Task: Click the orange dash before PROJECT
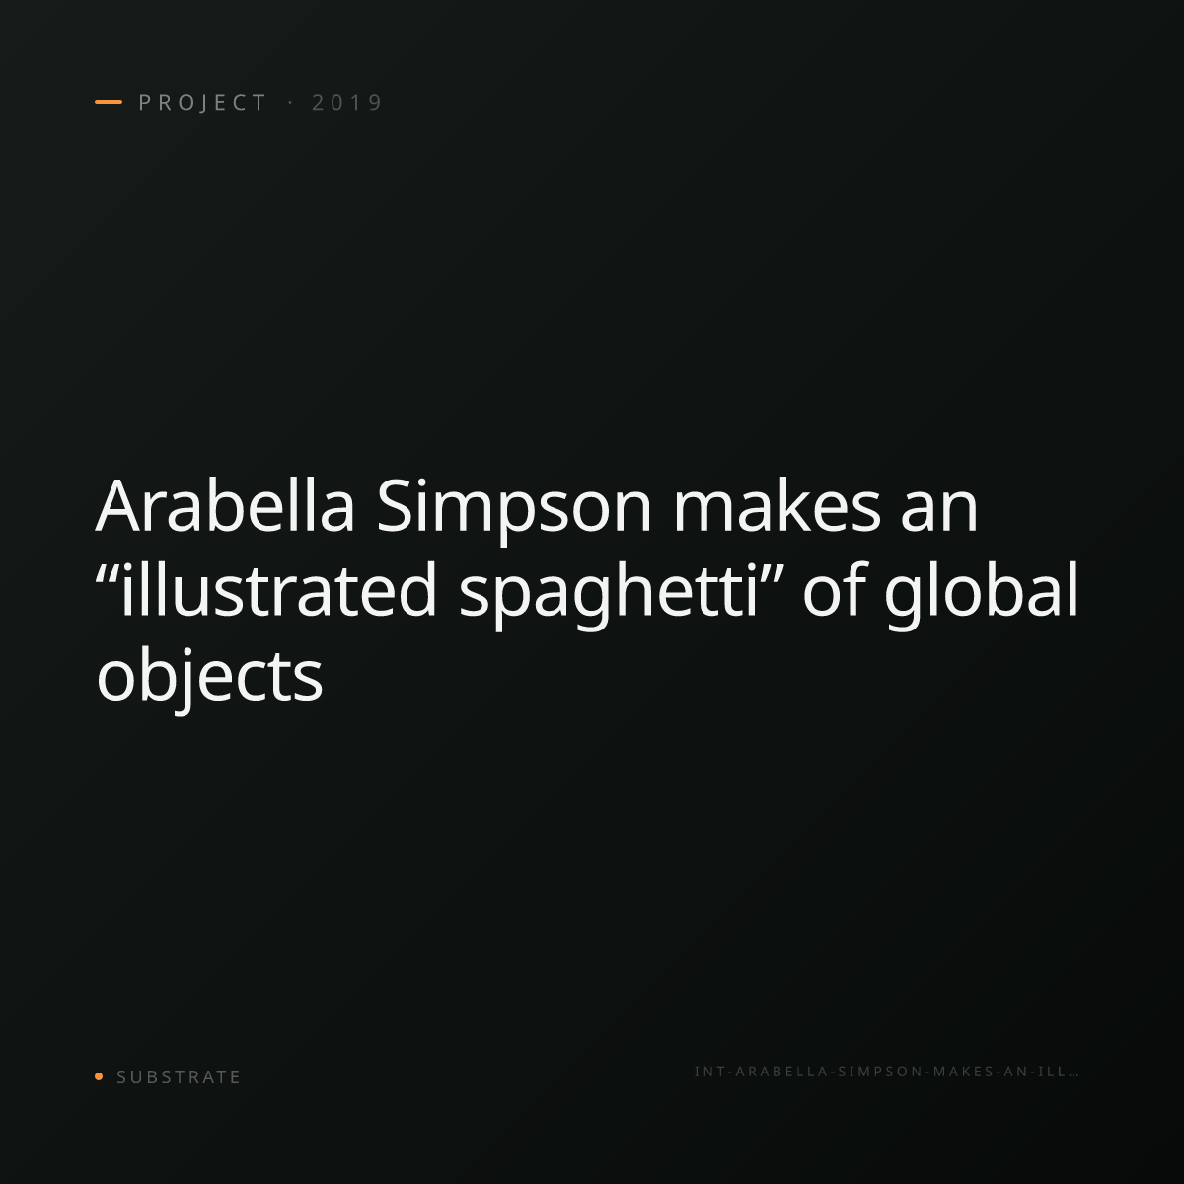(109, 102)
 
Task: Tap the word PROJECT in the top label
(203, 102)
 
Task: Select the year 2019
(347, 102)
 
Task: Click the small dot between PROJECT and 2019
(290, 102)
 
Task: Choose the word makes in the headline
(777, 506)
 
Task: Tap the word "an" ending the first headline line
(939, 514)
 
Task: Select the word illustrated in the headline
(277, 589)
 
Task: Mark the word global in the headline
(981, 595)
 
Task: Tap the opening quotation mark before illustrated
(107, 572)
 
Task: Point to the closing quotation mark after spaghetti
(772, 572)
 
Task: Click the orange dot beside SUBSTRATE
(99, 1075)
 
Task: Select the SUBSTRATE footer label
(179, 1076)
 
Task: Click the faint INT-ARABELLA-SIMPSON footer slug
(887, 1072)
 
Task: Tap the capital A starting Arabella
(120, 505)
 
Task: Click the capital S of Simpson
(394, 505)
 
